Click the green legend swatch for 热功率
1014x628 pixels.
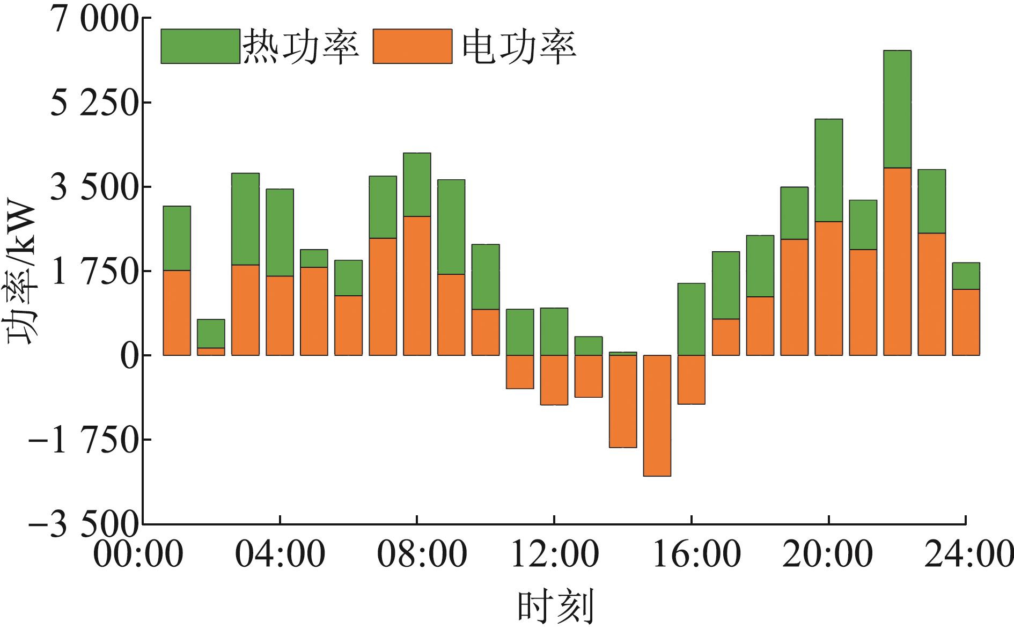pyautogui.click(x=200, y=46)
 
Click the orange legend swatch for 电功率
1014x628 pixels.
pyautogui.click(x=413, y=46)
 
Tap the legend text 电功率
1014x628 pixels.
pyautogui.click(x=519, y=47)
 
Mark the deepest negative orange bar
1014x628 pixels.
pyautogui.click(x=657, y=415)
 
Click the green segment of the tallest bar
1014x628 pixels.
pyautogui.click(x=897, y=109)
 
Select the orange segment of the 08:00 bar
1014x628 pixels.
pyautogui.click(x=417, y=286)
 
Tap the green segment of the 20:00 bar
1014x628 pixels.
pyautogui.click(x=828, y=170)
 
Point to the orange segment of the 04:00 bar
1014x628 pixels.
pyautogui.click(x=280, y=316)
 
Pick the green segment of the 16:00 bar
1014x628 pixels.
pyautogui.click(x=691, y=319)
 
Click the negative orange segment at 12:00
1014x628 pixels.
pyautogui.click(x=554, y=380)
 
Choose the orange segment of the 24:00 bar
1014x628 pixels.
pyautogui.click(x=966, y=322)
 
